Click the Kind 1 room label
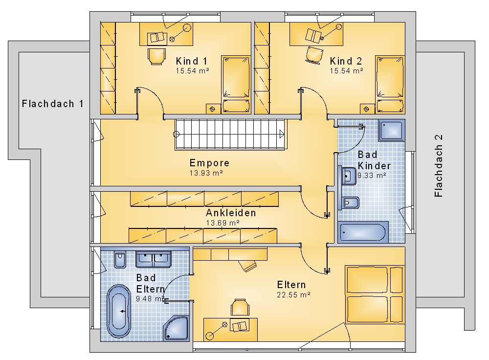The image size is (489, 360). (x=192, y=61)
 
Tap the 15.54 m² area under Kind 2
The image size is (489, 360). (x=347, y=71)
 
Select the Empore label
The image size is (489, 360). (x=210, y=163)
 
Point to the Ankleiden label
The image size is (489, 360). (x=231, y=213)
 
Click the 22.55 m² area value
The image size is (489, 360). (x=293, y=295)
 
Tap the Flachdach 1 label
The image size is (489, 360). (x=53, y=104)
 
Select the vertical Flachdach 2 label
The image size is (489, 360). (x=439, y=166)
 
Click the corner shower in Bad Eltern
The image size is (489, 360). (x=176, y=328)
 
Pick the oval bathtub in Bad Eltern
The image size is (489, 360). (x=119, y=311)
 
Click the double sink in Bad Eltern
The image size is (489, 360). (x=154, y=259)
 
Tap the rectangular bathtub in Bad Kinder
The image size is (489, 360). (x=363, y=232)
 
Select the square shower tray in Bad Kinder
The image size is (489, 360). (x=391, y=131)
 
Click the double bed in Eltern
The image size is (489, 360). (x=375, y=294)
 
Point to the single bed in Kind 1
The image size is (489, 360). (x=236, y=85)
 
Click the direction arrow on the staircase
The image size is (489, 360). (x=282, y=134)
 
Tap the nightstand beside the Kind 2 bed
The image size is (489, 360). (x=367, y=109)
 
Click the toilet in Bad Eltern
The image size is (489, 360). (x=120, y=260)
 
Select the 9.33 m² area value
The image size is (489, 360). (x=372, y=176)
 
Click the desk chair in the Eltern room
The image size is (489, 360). (x=240, y=307)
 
